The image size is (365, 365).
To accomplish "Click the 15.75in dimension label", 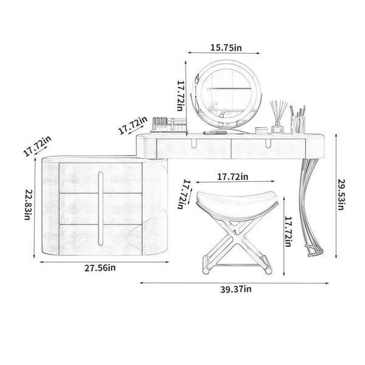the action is pyautogui.click(x=226, y=47).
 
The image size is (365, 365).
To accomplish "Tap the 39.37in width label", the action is pyautogui.click(x=236, y=289).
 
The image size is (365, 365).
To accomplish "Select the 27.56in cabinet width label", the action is pyautogui.click(x=100, y=268).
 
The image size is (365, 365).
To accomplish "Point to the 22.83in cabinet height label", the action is pyautogui.click(x=28, y=204).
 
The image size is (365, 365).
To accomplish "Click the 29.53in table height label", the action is pyautogui.click(x=341, y=195).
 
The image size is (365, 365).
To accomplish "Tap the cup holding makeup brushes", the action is pyautogui.click(x=298, y=125).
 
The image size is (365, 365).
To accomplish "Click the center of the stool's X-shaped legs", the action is pyautogui.click(x=237, y=240).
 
